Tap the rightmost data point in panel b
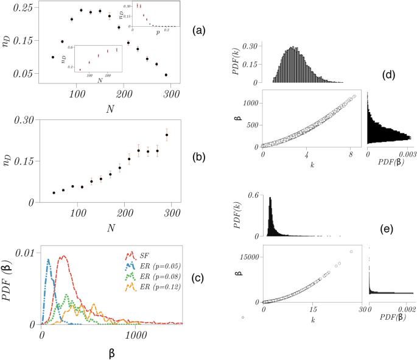coord(167,135)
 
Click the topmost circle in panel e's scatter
coord(351,252)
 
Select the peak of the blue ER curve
coord(48,260)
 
